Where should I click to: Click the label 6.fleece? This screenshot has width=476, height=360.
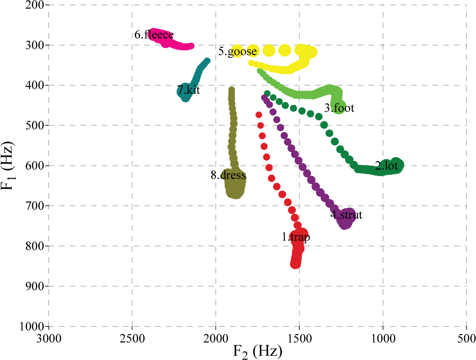(x=154, y=35)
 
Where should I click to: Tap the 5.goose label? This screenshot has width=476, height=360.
(x=238, y=52)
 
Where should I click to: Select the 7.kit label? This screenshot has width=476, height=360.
(x=189, y=90)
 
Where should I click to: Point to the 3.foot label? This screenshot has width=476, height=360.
(x=339, y=108)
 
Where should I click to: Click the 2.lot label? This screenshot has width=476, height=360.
(x=386, y=167)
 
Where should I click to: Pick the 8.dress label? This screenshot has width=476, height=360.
(x=228, y=176)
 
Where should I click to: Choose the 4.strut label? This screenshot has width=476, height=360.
(x=346, y=215)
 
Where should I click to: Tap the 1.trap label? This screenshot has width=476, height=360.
(x=296, y=237)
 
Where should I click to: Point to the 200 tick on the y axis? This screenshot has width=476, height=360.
(x=34, y=5)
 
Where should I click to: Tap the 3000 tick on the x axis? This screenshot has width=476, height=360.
(x=48, y=339)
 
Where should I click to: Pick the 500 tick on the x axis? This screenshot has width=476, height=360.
(x=466, y=339)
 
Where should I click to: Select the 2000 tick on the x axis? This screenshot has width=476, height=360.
(x=216, y=339)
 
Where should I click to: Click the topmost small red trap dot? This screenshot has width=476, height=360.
(x=259, y=115)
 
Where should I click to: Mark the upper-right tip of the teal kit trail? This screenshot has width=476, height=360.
(x=207, y=61)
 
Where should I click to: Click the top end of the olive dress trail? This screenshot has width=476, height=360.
(x=232, y=90)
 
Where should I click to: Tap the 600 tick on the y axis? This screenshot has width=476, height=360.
(x=34, y=166)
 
